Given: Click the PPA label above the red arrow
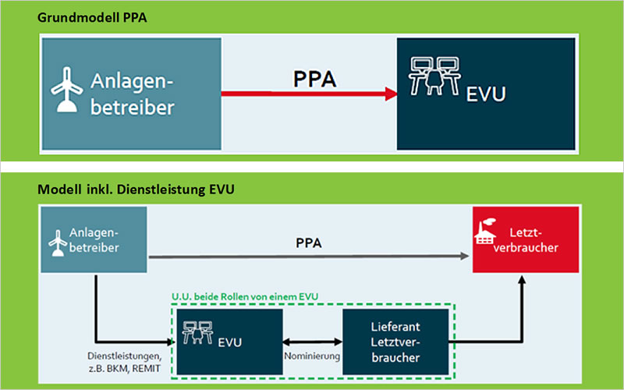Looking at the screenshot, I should pyautogui.click(x=314, y=78).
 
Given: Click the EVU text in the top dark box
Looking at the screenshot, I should pyautogui.click(x=486, y=96).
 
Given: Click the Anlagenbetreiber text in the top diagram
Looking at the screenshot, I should pyautogui.click(x=132, y=94).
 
